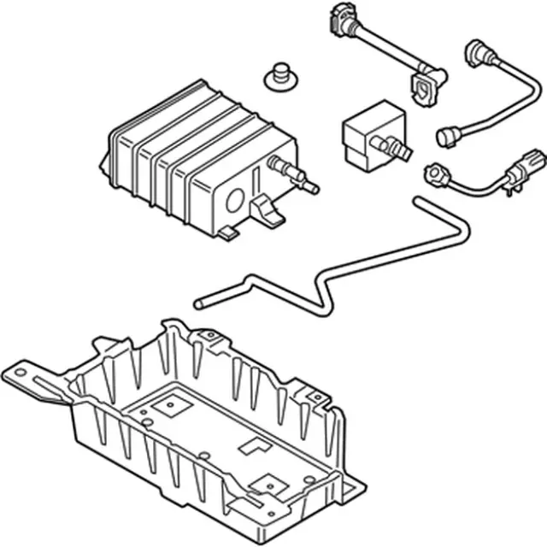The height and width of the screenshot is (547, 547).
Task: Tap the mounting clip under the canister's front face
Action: (x=268, y=211)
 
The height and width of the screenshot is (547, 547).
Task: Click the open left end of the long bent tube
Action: (x=198, y=303)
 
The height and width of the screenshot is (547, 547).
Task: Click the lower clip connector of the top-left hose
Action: (x=425, y=86)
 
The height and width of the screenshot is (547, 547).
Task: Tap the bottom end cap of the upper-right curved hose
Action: (x=448, y=136)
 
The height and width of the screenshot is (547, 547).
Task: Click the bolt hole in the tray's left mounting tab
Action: (x=18, y=373)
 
